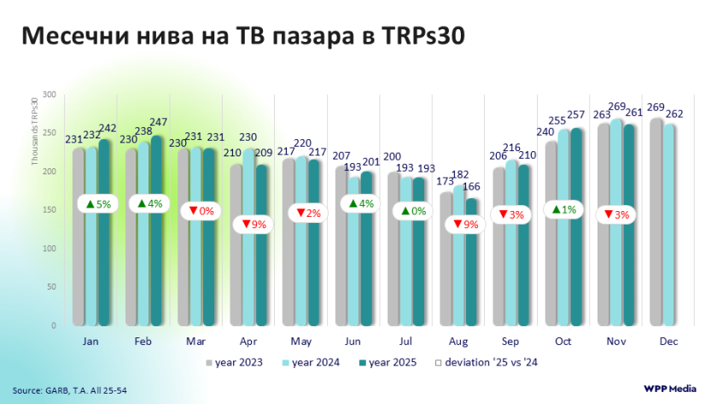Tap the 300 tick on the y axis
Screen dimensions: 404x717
tap(49, 95)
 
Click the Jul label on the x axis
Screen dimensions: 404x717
tap(405, 342)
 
